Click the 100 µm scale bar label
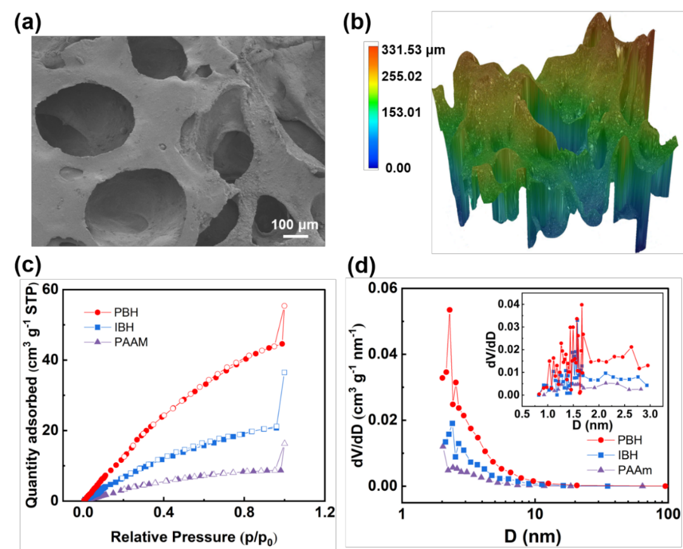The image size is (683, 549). coord(294,225)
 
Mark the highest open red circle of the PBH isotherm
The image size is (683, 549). coord(284,306)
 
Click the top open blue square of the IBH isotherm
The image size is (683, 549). coord(284,372)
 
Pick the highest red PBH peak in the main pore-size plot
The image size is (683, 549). coord(449,310)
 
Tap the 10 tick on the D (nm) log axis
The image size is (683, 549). coord(535,511)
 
